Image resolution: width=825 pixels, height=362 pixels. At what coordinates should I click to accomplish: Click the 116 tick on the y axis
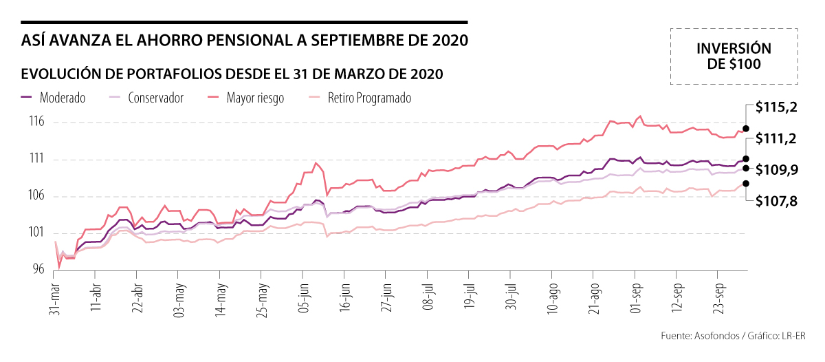(36, 123)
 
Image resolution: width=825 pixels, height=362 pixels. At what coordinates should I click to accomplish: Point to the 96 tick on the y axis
(38, 270)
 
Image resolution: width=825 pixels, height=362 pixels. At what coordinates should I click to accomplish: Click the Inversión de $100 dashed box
(734, 56)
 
